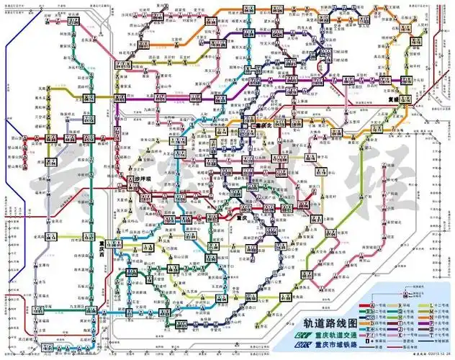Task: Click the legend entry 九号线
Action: tap(407, 323)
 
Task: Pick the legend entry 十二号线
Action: tap(441, 305)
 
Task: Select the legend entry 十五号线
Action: tap(441, 323)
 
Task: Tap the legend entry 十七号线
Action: tap(441, 336)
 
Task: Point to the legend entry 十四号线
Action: tap(441, 318)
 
